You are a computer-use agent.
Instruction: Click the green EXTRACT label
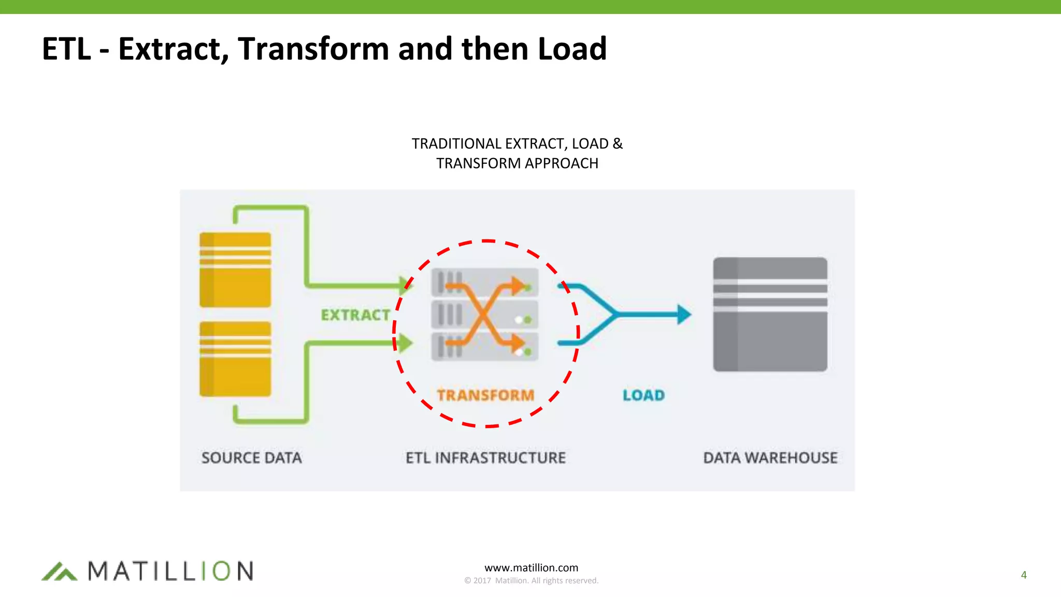tap(355, 315)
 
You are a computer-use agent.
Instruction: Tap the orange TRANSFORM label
tap(485, 395)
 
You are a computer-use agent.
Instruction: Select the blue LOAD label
tap(643, 395)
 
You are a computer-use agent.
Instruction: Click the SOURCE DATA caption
tap(251, 458)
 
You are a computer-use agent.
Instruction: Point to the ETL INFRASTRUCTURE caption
tap(485, 458)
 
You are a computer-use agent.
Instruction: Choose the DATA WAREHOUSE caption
tap(770, 458)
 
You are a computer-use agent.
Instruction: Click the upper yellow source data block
tap(235, 270)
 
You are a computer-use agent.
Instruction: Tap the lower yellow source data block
tap(235, 359)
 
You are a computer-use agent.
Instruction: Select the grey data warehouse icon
tap(770, 314)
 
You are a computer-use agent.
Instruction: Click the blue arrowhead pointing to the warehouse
tap(684, 314)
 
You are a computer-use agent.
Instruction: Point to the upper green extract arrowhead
tap(405, 285)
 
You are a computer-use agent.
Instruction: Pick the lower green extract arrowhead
tap(405, 343)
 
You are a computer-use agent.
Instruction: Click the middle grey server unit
tap(484, 315)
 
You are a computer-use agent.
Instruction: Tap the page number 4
tap(1023, 575)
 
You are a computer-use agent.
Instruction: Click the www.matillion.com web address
tap(531, 567)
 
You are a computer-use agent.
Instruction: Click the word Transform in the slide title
tap(313, 49)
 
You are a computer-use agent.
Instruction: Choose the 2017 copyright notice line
tap(531, 580)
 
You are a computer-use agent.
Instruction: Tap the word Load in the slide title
tap(572, 49)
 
